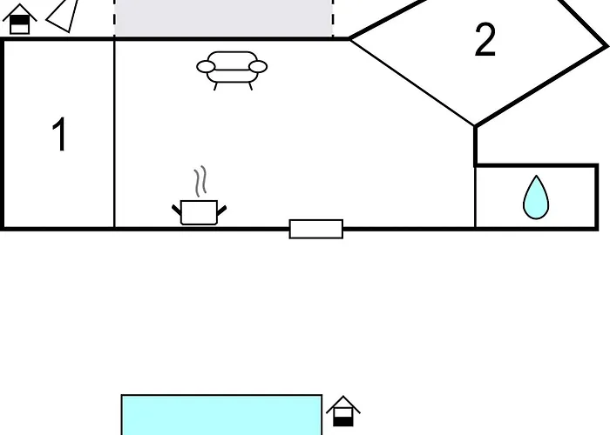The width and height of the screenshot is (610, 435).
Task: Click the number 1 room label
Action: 60,134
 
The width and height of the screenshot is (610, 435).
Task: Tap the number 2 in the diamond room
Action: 485,40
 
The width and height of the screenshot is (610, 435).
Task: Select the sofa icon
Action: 232,70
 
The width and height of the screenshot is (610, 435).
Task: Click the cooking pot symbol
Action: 200,212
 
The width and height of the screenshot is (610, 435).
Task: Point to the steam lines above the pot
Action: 200,181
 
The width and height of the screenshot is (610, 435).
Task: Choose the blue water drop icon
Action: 536,197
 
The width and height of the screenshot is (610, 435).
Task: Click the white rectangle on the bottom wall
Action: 316,229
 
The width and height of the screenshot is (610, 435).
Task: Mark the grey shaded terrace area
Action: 224,18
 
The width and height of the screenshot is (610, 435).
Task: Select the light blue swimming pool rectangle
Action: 221,415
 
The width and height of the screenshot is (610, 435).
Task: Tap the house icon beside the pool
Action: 343,411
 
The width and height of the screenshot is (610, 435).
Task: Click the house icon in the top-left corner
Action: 19,19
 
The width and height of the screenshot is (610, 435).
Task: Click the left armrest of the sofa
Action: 206,67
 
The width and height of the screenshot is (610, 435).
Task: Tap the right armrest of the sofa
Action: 258,67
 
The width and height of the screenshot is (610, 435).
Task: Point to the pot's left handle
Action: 177,210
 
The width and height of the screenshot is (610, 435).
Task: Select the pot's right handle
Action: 221,211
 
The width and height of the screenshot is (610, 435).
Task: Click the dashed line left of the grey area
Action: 114,18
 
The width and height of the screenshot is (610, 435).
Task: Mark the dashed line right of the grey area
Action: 333,18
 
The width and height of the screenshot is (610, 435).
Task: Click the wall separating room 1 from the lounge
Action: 114,134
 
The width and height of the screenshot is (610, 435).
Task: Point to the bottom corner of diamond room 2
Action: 475,126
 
